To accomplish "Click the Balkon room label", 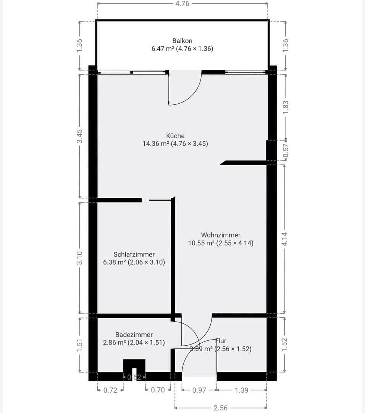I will pyautogui.click(x=182, y=41).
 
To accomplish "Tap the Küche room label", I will pyautogui.click(x=175, y=136).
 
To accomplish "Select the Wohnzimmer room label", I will pyautogui.click(x=221, y=235).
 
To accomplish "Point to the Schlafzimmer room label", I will pyautogui.click(x=134, y=254).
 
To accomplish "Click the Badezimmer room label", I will pyautogui.click(x=134, y=335).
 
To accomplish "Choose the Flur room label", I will pyautogui.click(x=221, y=341).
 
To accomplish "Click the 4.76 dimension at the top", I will pyautogui.click(x=182, y=4).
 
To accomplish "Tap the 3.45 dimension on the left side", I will pyautogui.click(x=79, y=136).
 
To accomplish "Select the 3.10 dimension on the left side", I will pyautogui.click(x=79, y=258).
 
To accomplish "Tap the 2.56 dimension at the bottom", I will pyautogui.click(x=220, y=408).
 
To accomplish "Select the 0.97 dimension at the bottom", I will pyautogui.click(x=199, y=390).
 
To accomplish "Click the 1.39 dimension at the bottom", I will pyautogui.click(x=242, y=390).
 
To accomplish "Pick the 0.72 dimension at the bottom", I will pyautogui.click(x=110, y=390).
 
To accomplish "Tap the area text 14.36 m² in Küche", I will pyautogui.click(x=156, y=144).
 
